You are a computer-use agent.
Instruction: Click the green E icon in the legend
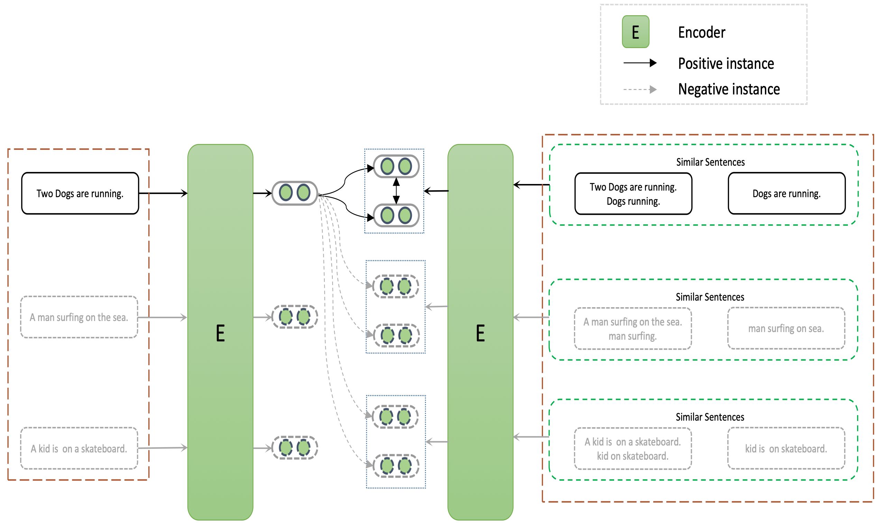click(635, 32)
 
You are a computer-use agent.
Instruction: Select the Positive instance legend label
click(726, 64)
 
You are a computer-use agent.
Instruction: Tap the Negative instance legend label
click(729, 89)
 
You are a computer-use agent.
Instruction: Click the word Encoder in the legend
click(702, 33)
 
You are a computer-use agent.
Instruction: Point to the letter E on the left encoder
click(220, 333)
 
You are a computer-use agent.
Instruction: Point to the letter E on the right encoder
click(480, 333)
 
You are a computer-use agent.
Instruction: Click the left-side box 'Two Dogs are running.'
click(80, 193)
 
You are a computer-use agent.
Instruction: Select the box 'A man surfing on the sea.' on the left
click(79, 317)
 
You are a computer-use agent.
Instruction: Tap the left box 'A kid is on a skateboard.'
click(79, 448)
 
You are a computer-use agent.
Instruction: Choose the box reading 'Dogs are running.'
click(786, 193)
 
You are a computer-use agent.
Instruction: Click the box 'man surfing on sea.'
click(786, 329)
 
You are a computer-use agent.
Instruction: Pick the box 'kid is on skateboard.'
click(786, 448)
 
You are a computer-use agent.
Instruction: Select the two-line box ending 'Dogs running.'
click(633, 194)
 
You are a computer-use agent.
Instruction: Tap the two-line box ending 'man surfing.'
click(633, 329)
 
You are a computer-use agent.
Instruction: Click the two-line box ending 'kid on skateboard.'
click(633, 449)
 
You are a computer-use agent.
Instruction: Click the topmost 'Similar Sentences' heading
click(710, 162)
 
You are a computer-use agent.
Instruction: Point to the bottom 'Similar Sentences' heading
click(710, 417)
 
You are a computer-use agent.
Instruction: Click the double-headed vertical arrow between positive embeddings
click(396, 191)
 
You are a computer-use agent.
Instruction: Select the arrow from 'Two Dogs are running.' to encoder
click(163, 193)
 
